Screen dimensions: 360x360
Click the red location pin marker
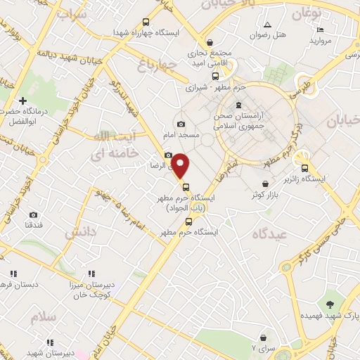click(181, 166)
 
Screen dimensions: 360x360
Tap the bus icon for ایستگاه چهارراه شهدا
click(146, 22)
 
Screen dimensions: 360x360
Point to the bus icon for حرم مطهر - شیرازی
click(215, 76)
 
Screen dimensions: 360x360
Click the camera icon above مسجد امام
click(181, 124)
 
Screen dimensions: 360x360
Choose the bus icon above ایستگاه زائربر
click(305, 168)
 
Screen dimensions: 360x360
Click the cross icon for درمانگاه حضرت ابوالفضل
click(23, 101)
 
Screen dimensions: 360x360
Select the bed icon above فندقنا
click(34, 214)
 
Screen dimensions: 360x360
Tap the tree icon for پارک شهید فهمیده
click(329, 304)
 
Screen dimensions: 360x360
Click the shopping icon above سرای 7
click(263, 338)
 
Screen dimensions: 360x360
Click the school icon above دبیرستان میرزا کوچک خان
click(91, 274)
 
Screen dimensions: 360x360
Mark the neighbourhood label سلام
click(42, 317)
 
